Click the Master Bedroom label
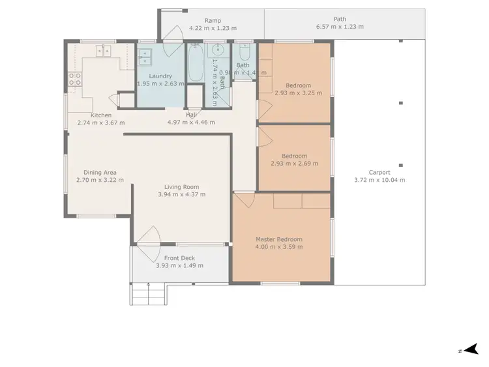(278, 239)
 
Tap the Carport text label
(379, 173)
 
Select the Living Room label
(178, 186)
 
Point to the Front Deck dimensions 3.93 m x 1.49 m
(179, 266)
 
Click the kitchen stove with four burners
(75, 80)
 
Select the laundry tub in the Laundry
(145, 57)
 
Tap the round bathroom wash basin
(219, 51)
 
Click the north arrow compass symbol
(470, 350)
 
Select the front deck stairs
(149, 294)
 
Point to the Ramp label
(213, 20)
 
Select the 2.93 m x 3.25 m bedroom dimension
(297, 93)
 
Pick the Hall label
(191, 115)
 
